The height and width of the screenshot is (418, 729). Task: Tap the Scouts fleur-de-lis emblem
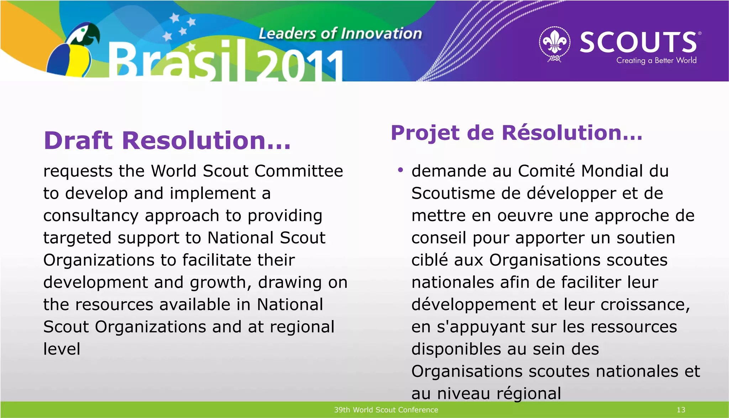554,43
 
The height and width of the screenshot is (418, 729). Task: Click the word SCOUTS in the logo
638,42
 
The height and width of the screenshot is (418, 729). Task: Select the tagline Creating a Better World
656,61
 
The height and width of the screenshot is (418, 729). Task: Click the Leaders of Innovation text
340,33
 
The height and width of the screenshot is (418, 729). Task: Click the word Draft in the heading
78,140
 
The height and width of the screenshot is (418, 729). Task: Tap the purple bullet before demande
400,170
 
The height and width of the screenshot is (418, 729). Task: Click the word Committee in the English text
299,171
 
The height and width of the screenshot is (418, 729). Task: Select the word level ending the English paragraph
62,349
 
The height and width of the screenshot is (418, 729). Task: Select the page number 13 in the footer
681,410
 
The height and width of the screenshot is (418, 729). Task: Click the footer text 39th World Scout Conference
386,410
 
